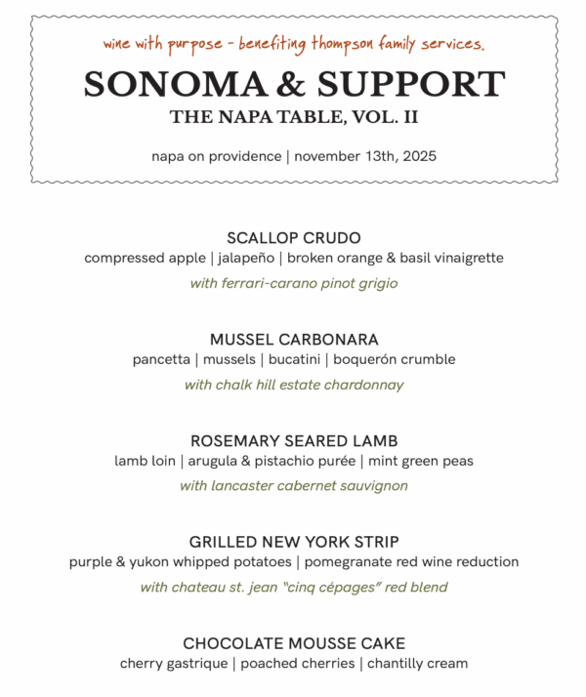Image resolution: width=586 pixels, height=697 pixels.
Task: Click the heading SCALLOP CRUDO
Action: (x=293, y=238)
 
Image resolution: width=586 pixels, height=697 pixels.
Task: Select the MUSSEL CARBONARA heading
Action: (x=293, y=340)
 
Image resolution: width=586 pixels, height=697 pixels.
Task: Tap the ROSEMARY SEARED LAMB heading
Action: (x=293, y=441)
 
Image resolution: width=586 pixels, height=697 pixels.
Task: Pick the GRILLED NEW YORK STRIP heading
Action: (x=293, y=542)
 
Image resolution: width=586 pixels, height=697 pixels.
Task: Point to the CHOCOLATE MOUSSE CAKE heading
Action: (x=293, y=643)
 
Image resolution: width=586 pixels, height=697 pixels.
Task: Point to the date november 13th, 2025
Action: (x=365, y=156)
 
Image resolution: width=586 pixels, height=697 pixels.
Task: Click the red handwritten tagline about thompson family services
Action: (x=293, y=45)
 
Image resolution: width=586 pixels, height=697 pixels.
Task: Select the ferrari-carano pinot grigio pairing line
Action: (x=293, y=284)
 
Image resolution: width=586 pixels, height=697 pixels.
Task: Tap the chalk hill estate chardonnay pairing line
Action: (x=293, y=385)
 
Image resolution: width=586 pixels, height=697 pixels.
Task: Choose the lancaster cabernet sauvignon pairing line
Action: (x=293, y=486)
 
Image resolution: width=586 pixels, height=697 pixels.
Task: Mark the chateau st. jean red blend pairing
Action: (x=293, y=588)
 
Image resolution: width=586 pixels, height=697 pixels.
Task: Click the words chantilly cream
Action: (x=417, y=664)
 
